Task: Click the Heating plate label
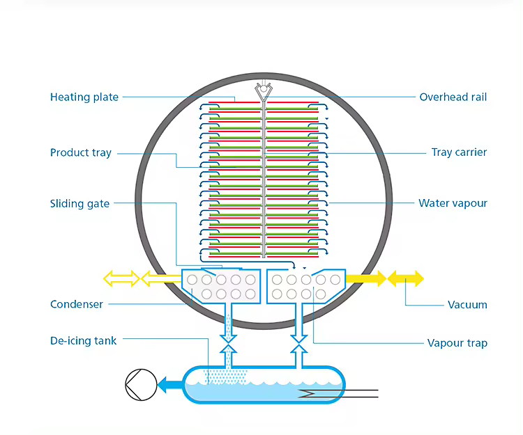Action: point(84,97)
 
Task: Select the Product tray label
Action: point(80,152)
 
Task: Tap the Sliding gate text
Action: point(79,204)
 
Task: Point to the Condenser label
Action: point(77,304)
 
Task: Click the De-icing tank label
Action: point(83,341)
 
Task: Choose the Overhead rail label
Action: point(453,97)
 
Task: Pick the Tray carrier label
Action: point(459,152)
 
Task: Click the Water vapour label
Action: point(453,204)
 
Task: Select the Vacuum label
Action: point(467,304)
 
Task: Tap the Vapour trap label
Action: point(457,343)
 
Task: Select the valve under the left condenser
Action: point(227,343)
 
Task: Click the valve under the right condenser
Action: point(299,343)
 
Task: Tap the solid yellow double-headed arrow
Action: point(405,279)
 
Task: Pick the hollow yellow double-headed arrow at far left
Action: point(121,279)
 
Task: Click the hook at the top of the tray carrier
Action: point(263,89)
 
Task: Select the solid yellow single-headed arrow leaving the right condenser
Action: point(365,279)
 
